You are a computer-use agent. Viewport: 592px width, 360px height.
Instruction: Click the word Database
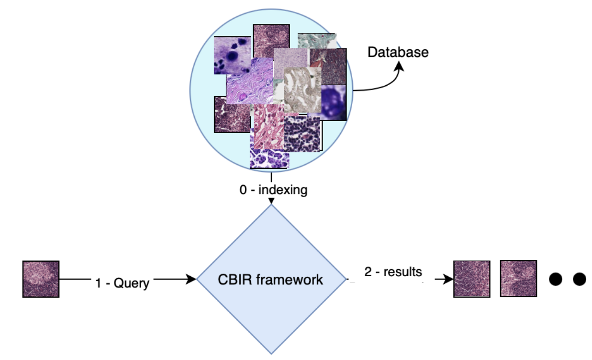click(x=398, y=52)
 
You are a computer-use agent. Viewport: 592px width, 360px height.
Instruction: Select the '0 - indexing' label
click(x=273, y=190)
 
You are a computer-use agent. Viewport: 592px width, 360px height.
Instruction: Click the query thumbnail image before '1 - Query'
click(x=41, y=279)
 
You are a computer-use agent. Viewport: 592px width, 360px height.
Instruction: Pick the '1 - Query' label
click(x=122, y=283)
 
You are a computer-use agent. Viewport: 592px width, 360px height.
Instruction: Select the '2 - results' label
click(x=393, y=272)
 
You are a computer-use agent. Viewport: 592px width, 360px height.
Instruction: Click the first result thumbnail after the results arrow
click(x=471, y=279)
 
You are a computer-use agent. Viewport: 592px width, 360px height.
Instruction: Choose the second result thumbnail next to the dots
click(x=518, y=278)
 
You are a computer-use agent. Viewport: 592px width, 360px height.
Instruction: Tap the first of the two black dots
click(x=556, y=279)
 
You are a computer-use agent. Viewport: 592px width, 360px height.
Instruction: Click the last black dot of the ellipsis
click(x=579, y=279)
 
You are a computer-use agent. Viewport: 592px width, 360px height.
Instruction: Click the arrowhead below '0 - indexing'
click(x=271, y=201)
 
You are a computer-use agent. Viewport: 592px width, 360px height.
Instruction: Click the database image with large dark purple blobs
click(x=232, y=54)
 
